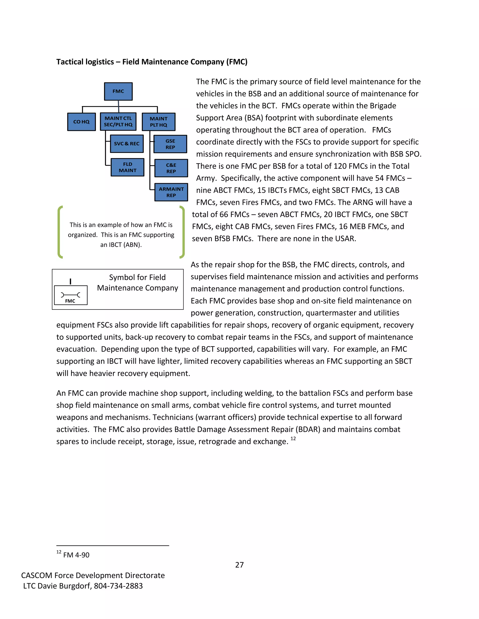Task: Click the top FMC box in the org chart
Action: click(118, 91)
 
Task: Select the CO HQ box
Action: click(81, 122)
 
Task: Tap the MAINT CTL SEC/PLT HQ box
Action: click(118, 121)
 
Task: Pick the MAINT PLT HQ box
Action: click(158, 122)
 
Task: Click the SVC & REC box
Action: click(127, 144)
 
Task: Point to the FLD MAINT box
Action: click(127, 167)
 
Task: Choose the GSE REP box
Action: click(170, 144)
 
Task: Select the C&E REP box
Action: click(171, 168)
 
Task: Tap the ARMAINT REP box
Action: click(171, 192)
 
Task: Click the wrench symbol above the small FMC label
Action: click(70, 295)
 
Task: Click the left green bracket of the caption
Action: click(60, 232)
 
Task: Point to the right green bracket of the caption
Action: click(182, 232)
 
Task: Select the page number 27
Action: click(239, 565)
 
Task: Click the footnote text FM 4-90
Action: click(76, 555)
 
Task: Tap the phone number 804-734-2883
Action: click(118, 586)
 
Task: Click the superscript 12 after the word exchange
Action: click(293, 438)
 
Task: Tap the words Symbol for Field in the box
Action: click(137, 277)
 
